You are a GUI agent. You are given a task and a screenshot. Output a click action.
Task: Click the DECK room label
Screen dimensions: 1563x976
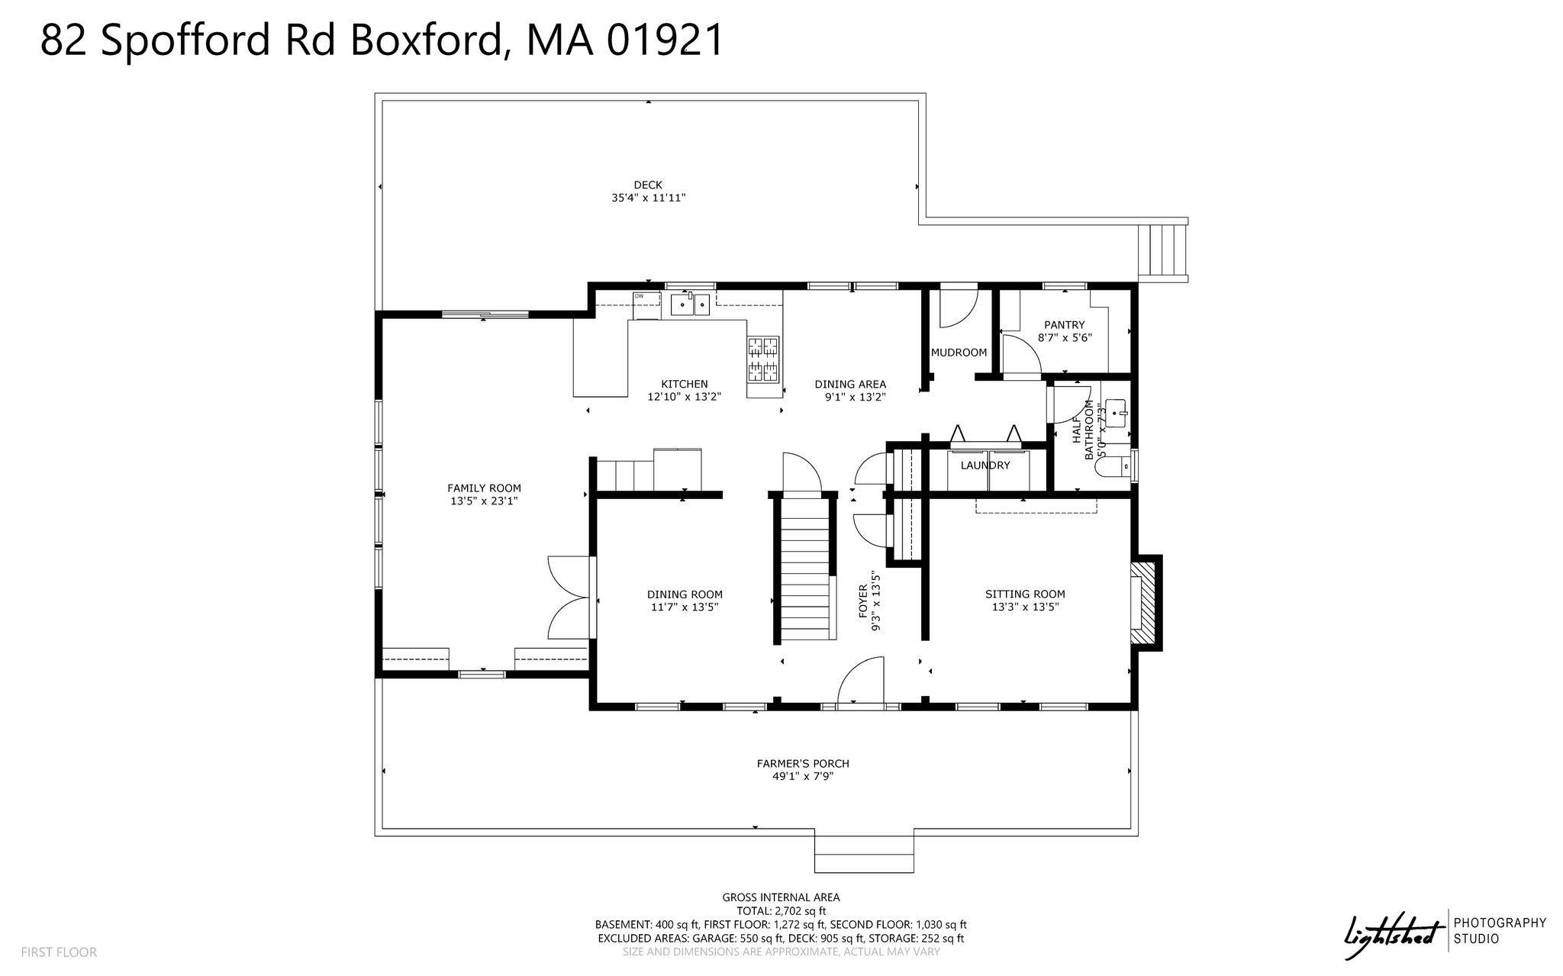(x=648, y=185)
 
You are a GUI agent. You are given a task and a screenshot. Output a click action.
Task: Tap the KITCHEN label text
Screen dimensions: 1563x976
(x=685, y=384)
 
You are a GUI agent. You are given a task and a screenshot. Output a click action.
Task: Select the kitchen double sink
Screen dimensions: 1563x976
(x=691, y=304)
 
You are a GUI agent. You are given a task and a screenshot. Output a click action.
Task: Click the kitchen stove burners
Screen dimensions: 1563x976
(x=763, y=359)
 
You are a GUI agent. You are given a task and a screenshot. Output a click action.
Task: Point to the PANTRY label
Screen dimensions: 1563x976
(x=1065, y=325)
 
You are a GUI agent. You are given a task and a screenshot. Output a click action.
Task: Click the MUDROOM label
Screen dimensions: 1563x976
(x=959, y=353)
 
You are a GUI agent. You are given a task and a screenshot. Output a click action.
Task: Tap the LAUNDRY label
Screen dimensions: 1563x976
(x=985, y=465)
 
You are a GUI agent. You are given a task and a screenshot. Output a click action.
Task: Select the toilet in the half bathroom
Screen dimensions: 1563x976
(x=1113, y=465)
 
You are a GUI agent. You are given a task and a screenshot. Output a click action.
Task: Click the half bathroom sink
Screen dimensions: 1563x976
(x=1117, y=414)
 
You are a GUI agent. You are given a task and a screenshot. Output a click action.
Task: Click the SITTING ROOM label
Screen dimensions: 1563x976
(x=1025, y=594)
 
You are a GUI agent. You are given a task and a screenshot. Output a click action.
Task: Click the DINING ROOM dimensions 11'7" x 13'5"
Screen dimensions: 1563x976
(x=685, y=607)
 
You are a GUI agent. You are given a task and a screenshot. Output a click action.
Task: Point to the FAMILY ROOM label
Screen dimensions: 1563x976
(x=484, y=488)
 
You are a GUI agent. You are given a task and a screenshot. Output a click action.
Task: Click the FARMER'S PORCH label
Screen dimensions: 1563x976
(x=803, y=763)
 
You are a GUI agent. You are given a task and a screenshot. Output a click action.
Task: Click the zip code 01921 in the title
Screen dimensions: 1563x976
(x=665, y=40)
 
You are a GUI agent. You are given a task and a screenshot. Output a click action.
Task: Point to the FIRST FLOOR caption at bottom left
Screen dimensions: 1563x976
(x=59, y=952)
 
